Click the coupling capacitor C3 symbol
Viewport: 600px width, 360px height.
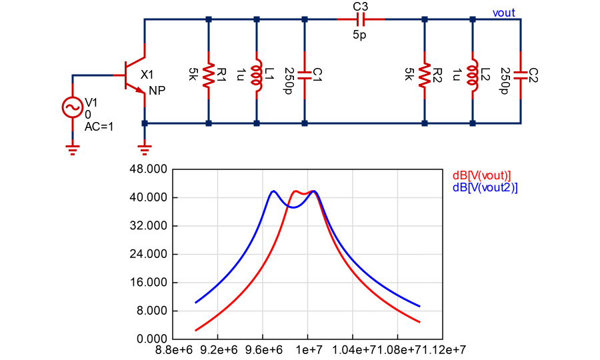360,19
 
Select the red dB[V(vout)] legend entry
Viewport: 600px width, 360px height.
481,175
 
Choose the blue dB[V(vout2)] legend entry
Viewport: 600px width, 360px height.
485,188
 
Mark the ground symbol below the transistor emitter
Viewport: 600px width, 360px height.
145,148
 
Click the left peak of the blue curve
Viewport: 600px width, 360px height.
273,191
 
